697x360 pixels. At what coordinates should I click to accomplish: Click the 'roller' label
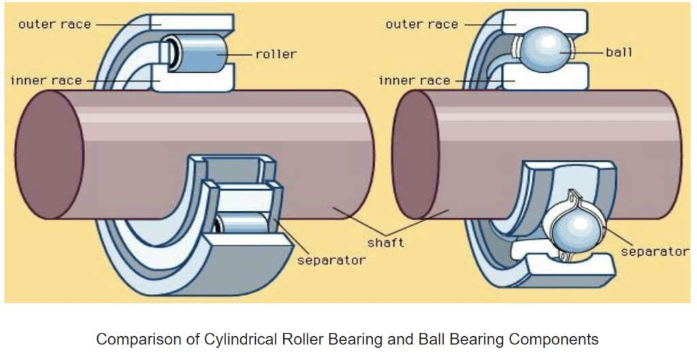[x=276, y=53]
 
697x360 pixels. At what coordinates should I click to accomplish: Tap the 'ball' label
[x=618, y=52]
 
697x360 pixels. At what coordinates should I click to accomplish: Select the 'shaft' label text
[x=385, y=242]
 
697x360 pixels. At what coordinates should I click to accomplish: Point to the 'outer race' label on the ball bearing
[x=422, y=24]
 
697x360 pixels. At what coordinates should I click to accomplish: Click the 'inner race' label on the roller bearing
[x=46, y=80]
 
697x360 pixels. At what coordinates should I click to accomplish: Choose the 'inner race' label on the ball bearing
[x=414, y=80]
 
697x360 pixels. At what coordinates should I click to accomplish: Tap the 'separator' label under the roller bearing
[x=331, y=260]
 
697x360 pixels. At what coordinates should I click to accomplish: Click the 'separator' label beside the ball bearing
[x=655, y=251]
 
